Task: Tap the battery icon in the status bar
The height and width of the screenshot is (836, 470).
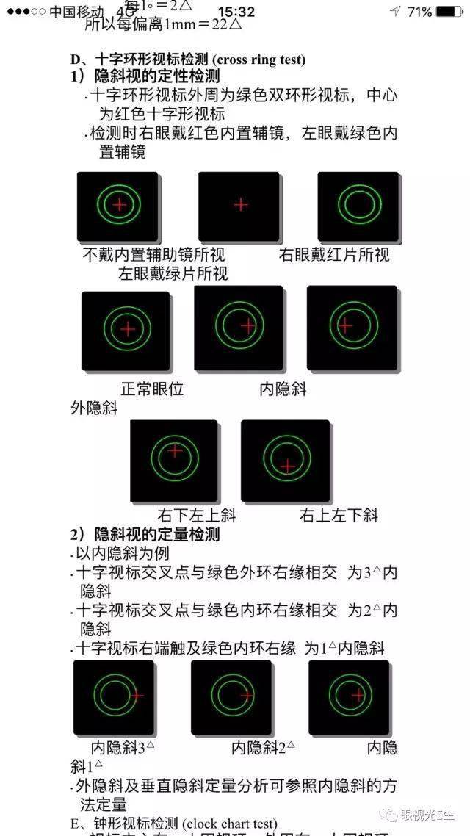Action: tap(449, 12)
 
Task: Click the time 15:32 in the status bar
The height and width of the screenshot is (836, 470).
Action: tap(236, 12)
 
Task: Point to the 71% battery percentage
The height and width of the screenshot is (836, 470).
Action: tap(419, 12)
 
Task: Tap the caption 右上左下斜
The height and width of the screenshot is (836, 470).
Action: tap(338, 516)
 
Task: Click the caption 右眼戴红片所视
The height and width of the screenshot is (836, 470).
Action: tap(334, 255)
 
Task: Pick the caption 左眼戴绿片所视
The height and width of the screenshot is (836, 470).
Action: tap(173, 274)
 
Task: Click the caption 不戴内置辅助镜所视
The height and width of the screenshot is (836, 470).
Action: tap(153, 255)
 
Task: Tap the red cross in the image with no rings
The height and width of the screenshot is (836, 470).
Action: tap(240, 204)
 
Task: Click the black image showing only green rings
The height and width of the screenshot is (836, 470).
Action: tap(358, 206)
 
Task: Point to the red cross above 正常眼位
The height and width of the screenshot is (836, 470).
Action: tap(128, 329)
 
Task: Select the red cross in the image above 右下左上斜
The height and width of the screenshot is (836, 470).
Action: tap(175, 451)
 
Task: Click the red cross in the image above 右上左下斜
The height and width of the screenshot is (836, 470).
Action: tap(288, 465)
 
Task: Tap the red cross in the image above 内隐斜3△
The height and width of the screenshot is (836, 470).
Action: tap(137, 694)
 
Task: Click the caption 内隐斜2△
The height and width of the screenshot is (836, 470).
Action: tap(263, 748)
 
